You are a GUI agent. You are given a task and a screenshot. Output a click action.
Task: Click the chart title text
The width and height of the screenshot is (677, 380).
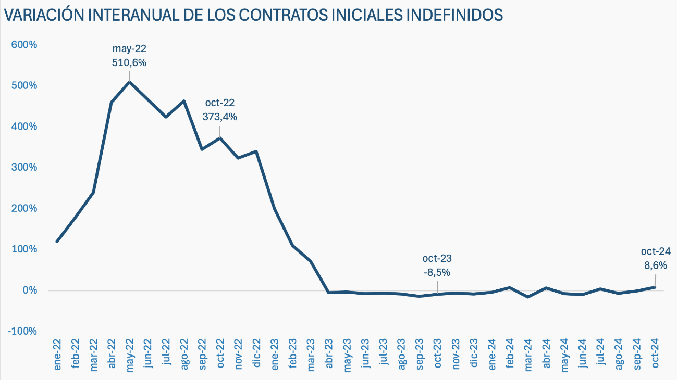253,15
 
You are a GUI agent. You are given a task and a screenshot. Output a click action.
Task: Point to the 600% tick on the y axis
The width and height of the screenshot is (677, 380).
24,45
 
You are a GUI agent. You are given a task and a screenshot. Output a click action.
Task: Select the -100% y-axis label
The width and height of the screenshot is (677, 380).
23,332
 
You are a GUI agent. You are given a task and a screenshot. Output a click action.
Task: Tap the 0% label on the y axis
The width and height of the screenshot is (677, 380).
29,290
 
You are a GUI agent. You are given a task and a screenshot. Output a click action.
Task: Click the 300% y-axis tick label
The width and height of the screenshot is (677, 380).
24,168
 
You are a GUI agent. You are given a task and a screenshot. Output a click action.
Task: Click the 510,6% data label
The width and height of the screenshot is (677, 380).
129,62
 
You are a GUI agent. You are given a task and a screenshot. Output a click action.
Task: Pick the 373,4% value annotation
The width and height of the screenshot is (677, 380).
219,117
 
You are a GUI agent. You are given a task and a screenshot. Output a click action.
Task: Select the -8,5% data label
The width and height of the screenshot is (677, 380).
437,272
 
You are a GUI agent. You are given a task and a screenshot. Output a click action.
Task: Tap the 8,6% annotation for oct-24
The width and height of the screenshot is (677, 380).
656,265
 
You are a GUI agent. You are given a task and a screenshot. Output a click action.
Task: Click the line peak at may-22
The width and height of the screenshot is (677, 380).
129,82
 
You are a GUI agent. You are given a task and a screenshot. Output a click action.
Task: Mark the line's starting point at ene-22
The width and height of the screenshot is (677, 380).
57,242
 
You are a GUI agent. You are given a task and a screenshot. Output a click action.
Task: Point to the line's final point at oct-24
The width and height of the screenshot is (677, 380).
655,287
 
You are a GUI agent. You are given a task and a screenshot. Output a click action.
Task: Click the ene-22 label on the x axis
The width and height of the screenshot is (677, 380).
57,354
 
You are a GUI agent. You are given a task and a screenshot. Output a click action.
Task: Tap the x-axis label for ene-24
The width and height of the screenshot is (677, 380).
491,354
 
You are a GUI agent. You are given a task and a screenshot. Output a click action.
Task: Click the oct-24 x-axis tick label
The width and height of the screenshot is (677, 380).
655,354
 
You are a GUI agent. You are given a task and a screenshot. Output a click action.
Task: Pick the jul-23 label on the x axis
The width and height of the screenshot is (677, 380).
383,354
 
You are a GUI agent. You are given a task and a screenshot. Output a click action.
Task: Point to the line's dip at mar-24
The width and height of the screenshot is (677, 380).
528,297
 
